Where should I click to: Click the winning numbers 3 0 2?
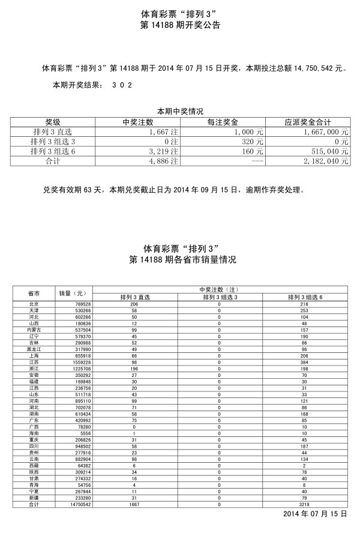(121, 86)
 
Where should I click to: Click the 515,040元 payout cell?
(327, 151)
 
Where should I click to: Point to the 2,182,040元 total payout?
(325, 161)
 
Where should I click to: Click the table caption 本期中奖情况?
(180, 112)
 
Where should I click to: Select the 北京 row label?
(34, 305)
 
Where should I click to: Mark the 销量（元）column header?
(73, 294)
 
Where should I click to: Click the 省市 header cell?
(34, 294)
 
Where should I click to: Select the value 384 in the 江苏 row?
(304, 363)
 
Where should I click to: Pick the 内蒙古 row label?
(34, 330)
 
